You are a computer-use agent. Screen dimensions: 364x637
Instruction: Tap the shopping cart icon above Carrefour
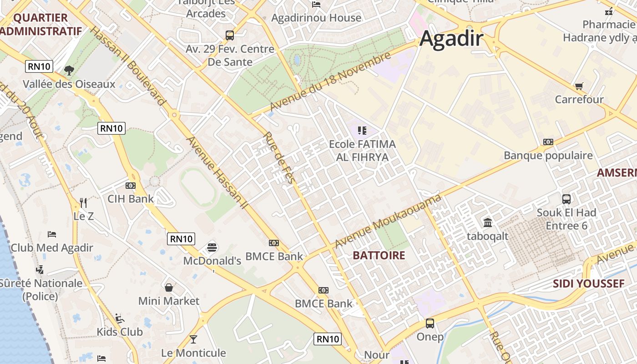pos(579,86)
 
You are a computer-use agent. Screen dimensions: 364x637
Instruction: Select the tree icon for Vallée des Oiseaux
pos(69,70)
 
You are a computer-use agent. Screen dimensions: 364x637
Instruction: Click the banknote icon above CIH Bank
pos(131,186)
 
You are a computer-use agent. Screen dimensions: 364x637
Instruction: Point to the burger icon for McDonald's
pos(212,247)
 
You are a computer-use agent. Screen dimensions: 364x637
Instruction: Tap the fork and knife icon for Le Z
pos(83,202)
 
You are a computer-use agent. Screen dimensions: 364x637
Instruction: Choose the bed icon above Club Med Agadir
pos(52,234)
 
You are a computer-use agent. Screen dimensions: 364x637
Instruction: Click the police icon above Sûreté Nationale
pos(40,269)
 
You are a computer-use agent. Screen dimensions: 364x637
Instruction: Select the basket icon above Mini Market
pos(169,288)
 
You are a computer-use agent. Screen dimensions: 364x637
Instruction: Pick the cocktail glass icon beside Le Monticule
pos(193,339)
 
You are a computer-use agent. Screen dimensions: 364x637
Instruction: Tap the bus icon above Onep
pos(430,324)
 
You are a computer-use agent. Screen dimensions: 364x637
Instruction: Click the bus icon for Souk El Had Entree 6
pos(566,199)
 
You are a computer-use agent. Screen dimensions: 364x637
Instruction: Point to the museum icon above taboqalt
pos(488,222)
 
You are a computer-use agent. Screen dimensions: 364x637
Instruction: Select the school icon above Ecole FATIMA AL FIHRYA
pos(362,131)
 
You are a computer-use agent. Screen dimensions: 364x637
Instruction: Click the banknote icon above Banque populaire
pos(548,142)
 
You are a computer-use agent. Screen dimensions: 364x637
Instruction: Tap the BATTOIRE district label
pos(379,255)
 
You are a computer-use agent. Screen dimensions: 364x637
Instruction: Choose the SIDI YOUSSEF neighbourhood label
pos(588,284)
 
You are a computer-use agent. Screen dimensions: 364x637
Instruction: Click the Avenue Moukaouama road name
pos(388,221)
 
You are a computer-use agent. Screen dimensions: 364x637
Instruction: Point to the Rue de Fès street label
pos(279,157)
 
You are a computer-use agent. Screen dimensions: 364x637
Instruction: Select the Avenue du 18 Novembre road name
pos(330,82)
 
